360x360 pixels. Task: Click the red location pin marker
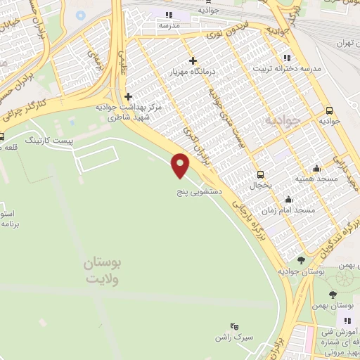coord(181,165)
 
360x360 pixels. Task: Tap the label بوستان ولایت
coord(103,271)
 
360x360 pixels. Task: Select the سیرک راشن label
coord(234,338)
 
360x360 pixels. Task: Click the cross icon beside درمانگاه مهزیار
coord(193,61)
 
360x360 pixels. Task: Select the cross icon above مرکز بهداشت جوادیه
coord(128,96)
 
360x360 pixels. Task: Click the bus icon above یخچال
coord(261,174)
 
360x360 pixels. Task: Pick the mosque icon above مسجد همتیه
coord(316,168)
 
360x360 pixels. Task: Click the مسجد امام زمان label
coord(297,210)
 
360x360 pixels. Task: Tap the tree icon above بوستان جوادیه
coord(301,260)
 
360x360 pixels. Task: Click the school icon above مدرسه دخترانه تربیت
coord(286,58)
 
